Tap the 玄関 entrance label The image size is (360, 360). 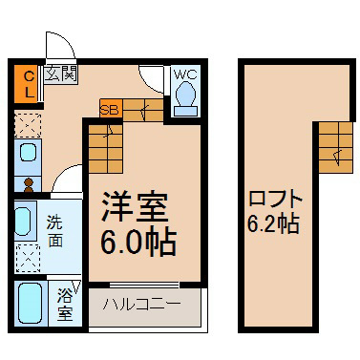[60, 74]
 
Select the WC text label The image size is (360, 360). [185, 74]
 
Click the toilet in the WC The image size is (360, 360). [185, 98]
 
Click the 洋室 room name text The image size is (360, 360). [135, 207]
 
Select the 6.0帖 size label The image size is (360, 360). [138, 243]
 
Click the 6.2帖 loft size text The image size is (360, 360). [273, 223]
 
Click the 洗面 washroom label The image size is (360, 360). [55, 231]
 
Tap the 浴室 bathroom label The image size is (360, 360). [65, 305]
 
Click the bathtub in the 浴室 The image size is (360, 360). [30, 304]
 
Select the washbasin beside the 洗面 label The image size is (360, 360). [22, 222]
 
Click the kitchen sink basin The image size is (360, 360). [28, 152]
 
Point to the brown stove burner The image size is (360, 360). [29, 185]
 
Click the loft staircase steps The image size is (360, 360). [336, 148]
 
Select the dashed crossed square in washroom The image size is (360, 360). [28, 258]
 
